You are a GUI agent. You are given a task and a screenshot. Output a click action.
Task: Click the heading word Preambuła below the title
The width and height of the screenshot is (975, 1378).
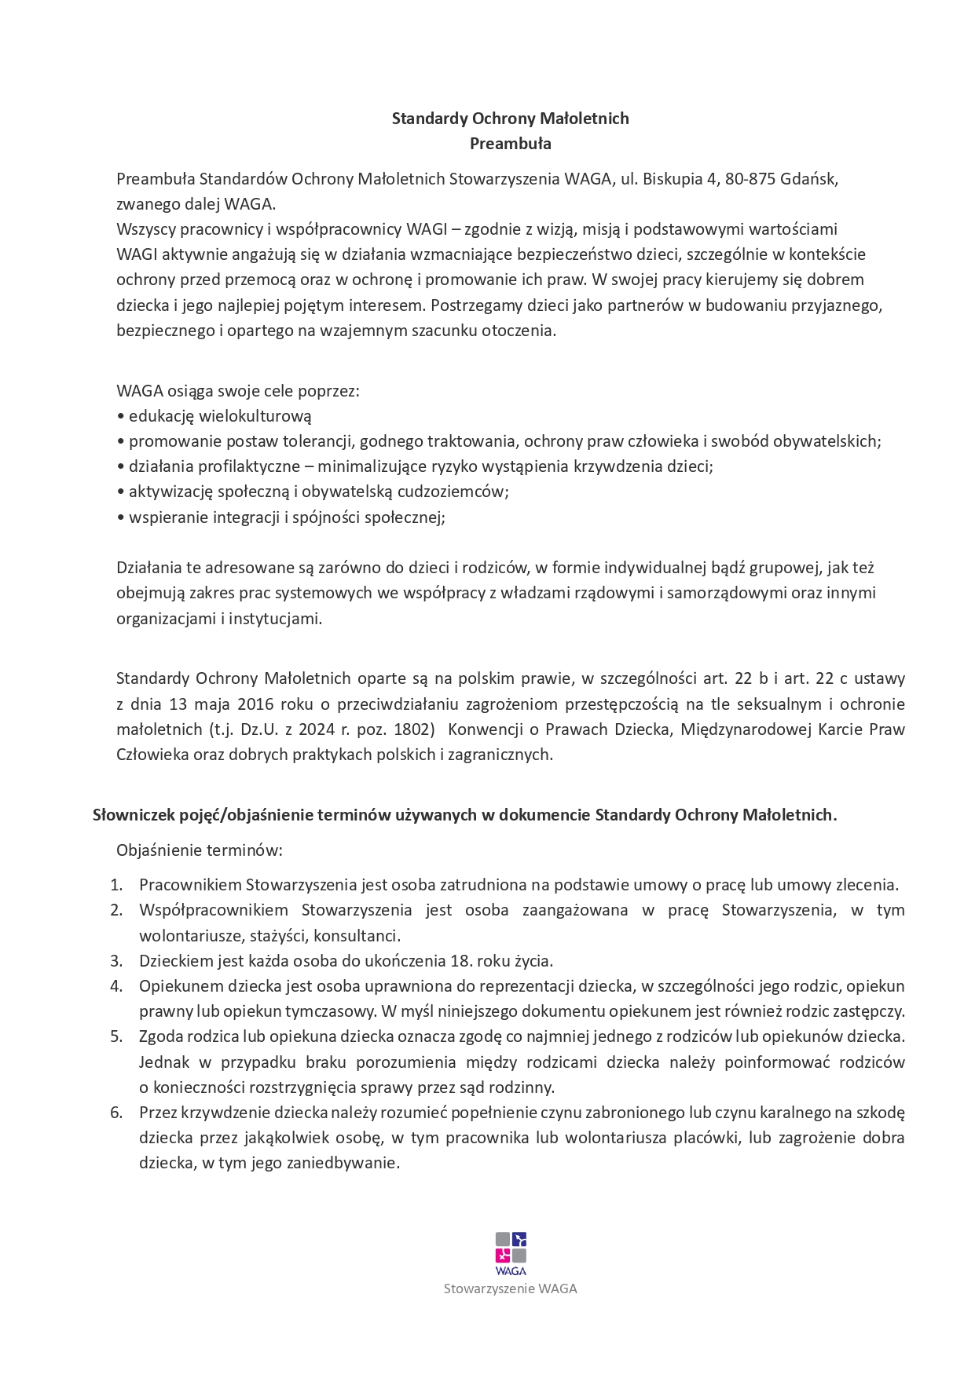click(x=510, y=144)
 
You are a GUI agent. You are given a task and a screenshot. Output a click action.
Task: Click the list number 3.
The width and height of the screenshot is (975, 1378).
click(x=116, y=961)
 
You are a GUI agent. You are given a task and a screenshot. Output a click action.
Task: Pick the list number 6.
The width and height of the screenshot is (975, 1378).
click(x=116, y=1113)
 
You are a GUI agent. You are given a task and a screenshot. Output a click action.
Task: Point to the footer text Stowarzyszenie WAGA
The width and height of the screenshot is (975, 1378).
click(x=511, y=1288)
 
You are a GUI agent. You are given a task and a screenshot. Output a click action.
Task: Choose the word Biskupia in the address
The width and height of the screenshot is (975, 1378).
click(x=673, y=178)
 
